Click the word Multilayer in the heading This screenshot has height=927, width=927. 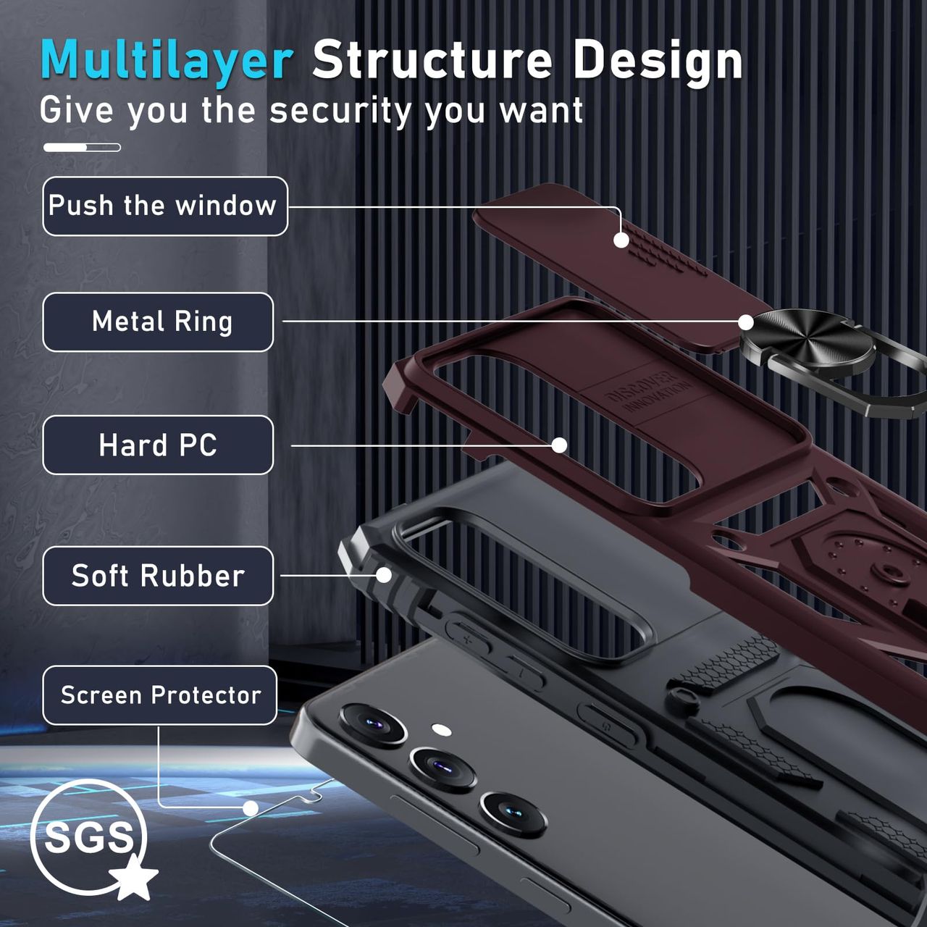coord(167,60)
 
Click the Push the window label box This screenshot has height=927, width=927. coord(164,206)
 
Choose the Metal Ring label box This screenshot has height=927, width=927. coord(158,322)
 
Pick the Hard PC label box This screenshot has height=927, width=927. coord(158,445)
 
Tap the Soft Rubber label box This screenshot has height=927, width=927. coord(158,576)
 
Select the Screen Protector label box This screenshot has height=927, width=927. coord(160,695)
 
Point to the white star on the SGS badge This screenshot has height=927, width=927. coord(134,878)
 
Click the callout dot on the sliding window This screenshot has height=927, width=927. coord(621,240)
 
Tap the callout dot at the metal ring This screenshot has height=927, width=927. coord(746,322)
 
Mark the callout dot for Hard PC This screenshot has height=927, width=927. coord(559,445)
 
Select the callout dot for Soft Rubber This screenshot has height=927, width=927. coord(384,576)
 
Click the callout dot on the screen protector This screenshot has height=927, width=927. coord(251,808)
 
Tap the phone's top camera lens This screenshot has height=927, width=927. coord(374,723)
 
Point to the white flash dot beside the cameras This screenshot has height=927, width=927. coord(441,729)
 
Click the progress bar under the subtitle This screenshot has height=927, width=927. coord(82,148)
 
